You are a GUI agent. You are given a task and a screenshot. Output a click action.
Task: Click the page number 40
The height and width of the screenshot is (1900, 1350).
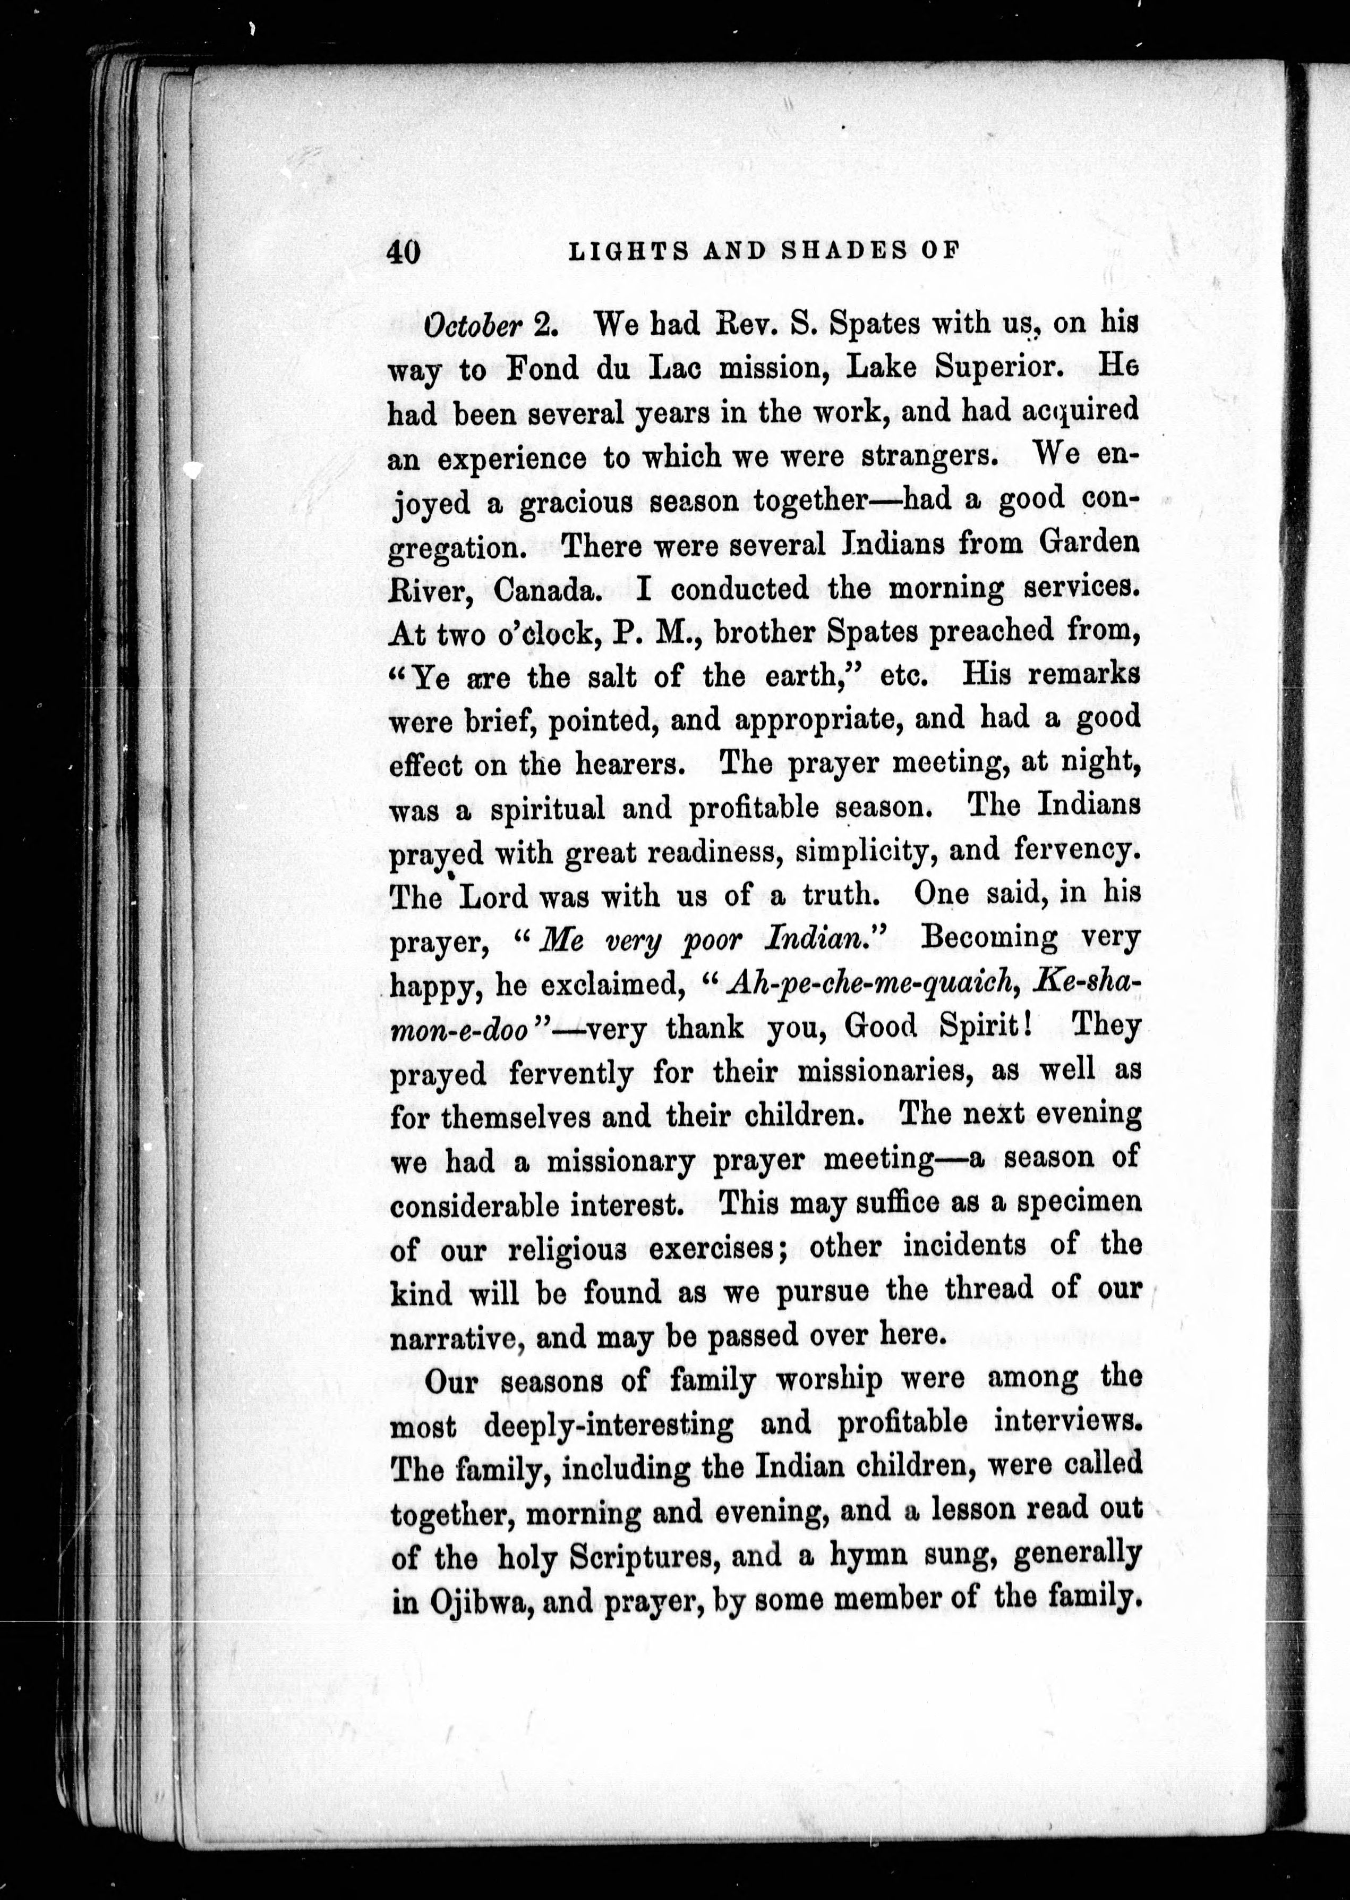click(x=405, y=252)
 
